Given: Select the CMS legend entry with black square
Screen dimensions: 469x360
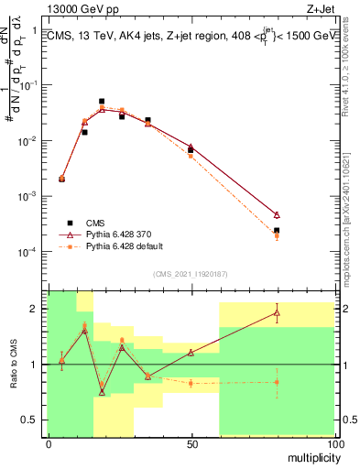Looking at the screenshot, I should point(87,222).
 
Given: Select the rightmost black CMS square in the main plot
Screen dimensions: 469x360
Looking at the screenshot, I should point(277,231).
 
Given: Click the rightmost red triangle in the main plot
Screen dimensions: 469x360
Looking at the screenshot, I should point(277,214).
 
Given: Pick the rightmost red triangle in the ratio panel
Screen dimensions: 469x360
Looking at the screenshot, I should point(277,313).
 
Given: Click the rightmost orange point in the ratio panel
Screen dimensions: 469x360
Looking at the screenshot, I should point(277,382).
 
